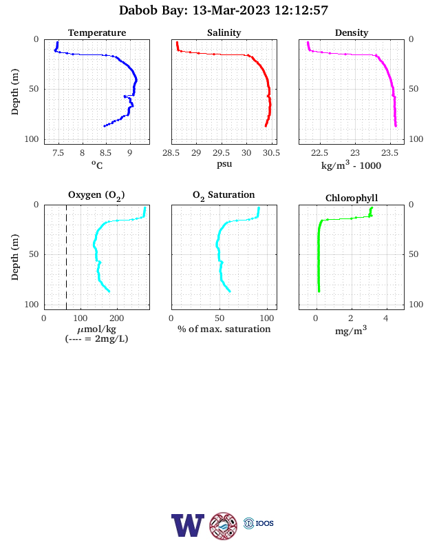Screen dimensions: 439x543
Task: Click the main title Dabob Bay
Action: point(153,10)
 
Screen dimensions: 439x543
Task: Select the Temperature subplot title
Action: point(97,32)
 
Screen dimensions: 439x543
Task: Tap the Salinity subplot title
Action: point(224,32)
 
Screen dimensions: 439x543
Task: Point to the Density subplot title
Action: point(352,32)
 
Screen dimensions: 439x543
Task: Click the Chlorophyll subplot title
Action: point(352,198)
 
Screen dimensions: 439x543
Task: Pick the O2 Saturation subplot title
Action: point(224,195)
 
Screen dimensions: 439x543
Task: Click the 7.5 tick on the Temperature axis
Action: point(58,153)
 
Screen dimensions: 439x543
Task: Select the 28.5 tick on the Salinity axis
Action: point(171,153)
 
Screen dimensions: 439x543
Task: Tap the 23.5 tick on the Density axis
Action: point(389,153)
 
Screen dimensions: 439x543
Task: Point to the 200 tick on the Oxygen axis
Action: point(116,318)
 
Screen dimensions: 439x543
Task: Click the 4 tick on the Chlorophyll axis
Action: point(386,318)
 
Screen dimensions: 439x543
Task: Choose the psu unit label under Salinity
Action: point(224,164)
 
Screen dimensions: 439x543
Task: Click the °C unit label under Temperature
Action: point(97,165)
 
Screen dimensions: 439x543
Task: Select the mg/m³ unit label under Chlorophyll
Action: point(351,330)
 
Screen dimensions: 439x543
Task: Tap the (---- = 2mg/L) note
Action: point(96,338)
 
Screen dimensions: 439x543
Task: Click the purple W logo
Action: point(187,525)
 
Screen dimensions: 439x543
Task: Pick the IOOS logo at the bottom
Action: point(259,523)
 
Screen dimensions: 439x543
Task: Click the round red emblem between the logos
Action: point(224,526)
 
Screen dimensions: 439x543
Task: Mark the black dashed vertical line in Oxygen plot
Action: point(66,257)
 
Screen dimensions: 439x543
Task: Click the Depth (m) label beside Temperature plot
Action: point(14,92)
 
